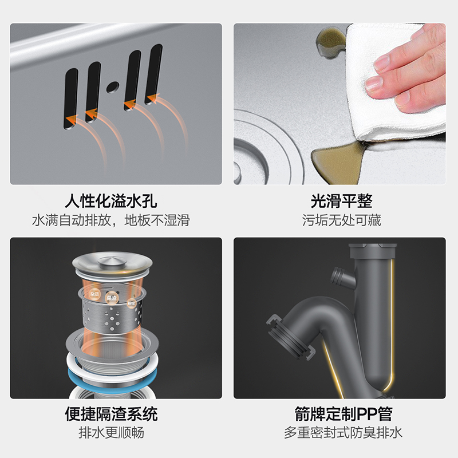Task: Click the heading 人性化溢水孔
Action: [x=111, y=202]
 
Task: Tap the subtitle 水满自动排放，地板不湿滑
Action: [x=111, y=220]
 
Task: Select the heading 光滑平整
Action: [x=341, y=202]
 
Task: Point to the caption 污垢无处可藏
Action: [x=341, y=220]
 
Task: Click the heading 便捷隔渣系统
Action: [x=111, y=413]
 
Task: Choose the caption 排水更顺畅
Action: [x=111, y=432]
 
